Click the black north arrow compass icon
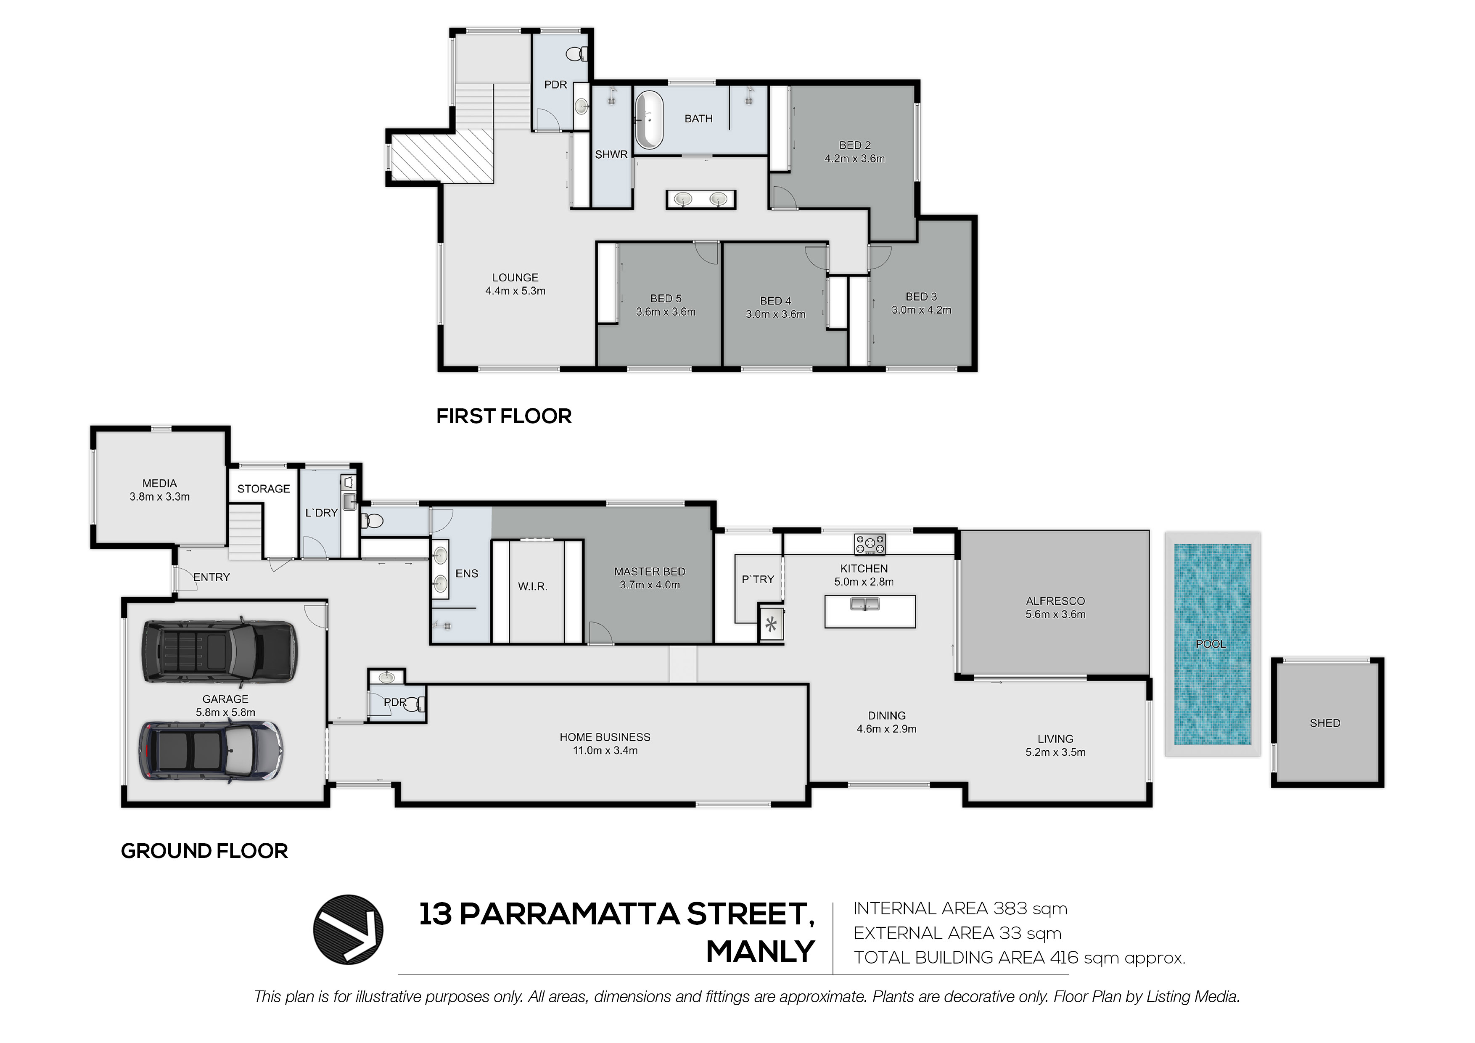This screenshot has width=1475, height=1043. coord(348,929)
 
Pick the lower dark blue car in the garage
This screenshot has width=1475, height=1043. coord(211,752)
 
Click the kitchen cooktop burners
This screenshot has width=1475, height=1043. coord(870,544)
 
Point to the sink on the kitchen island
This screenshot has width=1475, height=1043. coord(865,604)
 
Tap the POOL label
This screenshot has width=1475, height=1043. coord(1211,644)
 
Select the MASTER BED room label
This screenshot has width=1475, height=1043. coord(650,571)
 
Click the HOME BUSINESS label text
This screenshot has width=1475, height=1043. coord(605,737)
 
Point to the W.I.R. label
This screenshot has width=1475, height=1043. coord(533,586)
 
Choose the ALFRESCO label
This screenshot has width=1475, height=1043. coord(1055,601)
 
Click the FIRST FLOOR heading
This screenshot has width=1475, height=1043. coord(504,416)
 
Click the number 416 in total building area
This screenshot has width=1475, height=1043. coord(1065,958)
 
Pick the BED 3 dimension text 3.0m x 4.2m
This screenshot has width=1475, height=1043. coord(921,310)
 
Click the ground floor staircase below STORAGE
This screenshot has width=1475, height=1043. coord(247,531)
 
